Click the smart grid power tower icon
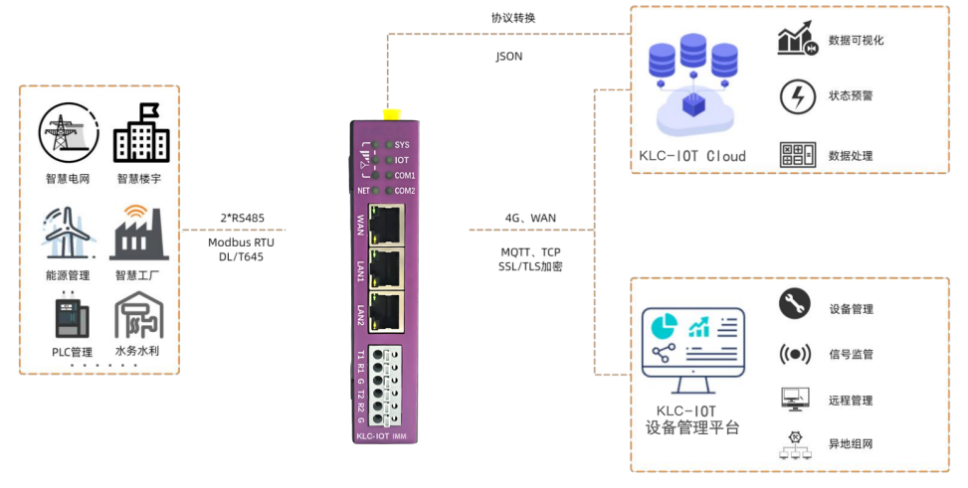point(68,133)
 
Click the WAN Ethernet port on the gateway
point(385,226)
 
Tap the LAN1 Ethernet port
point(385,268)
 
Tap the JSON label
point(508,57)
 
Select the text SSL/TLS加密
point(529,266)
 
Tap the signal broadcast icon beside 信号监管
point(794,353)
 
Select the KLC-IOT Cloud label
point(692,156)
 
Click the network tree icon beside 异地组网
point(794,444)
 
